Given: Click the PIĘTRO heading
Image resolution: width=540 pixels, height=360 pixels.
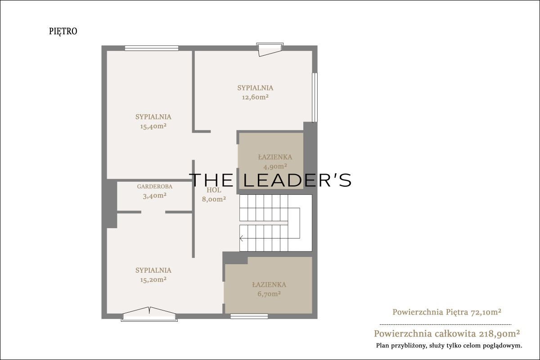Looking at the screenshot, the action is coord(63,31).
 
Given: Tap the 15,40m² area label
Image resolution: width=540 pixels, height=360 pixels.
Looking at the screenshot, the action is coord(153,126).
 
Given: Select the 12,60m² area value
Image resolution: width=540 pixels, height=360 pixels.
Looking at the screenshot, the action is coord(255,97).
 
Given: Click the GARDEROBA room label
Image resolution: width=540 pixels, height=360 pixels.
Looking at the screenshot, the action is coord(154,186).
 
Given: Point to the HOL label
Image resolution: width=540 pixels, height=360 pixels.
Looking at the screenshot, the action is coord(214,190).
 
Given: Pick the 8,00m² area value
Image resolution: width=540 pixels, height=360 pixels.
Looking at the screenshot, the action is coord(214,199).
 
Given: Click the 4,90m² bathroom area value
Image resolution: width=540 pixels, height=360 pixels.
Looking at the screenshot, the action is coord(275,166).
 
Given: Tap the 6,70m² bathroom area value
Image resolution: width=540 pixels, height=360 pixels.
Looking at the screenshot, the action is coord(269,294).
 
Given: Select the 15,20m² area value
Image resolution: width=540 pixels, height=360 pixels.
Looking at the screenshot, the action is coord(153,279).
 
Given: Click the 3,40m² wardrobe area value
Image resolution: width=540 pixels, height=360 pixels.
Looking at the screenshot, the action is coord(154,196).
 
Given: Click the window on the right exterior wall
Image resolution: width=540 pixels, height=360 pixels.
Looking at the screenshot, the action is coord(315,97).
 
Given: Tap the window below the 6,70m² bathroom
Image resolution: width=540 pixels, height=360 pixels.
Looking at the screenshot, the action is coord(249,316).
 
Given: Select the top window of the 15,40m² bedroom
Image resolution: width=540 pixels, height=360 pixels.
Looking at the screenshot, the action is coord(151,48).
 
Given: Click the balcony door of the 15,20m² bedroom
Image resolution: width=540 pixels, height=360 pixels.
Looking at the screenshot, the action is coord(149,315).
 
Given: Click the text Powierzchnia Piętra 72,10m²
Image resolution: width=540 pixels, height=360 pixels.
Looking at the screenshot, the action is coord(447,312).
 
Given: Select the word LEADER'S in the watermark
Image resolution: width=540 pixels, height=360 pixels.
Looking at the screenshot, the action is coord(297,180).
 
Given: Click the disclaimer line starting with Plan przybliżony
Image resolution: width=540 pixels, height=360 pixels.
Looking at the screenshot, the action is coord(449,346).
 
